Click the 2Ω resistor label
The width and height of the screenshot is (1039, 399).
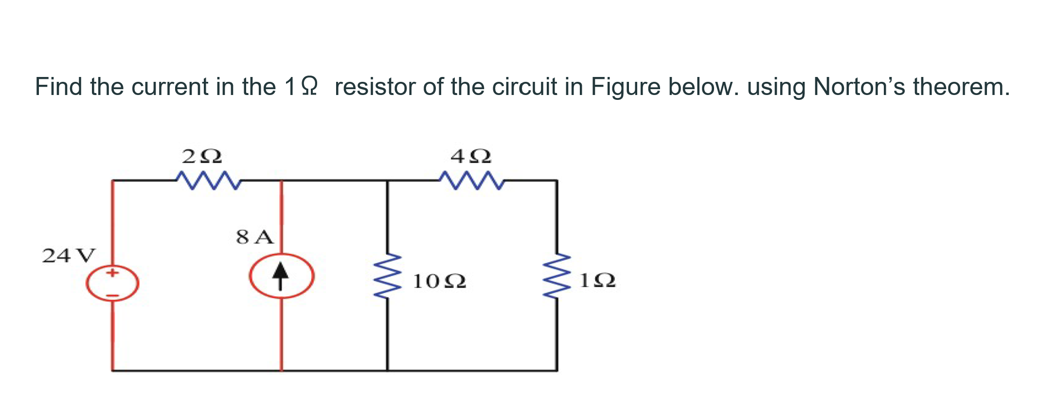point(202,156)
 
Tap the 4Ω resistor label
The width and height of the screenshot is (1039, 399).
point(471,156)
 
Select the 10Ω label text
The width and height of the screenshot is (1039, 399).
point(439,281)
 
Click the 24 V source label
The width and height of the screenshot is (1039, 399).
point(69,255)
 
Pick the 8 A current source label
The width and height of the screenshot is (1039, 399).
point(255,237)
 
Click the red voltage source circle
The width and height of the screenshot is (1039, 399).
point(112,283)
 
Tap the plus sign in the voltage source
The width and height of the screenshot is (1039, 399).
point(112,273)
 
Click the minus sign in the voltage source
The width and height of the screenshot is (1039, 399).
point(112,295)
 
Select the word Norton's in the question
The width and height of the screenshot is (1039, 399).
point(859,87)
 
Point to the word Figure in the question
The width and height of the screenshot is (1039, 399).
point(625,87)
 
